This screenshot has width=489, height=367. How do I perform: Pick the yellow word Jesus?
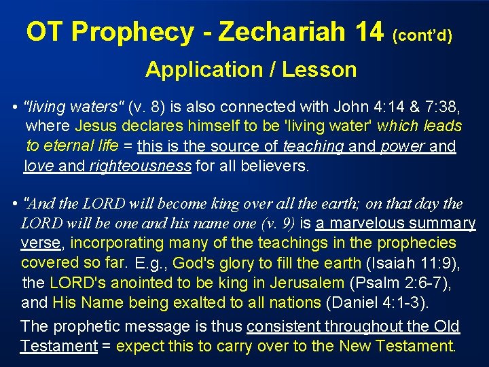coord(96,126)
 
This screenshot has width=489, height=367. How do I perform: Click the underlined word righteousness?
coord(141,165)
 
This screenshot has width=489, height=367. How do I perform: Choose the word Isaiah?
coord(391,262)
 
